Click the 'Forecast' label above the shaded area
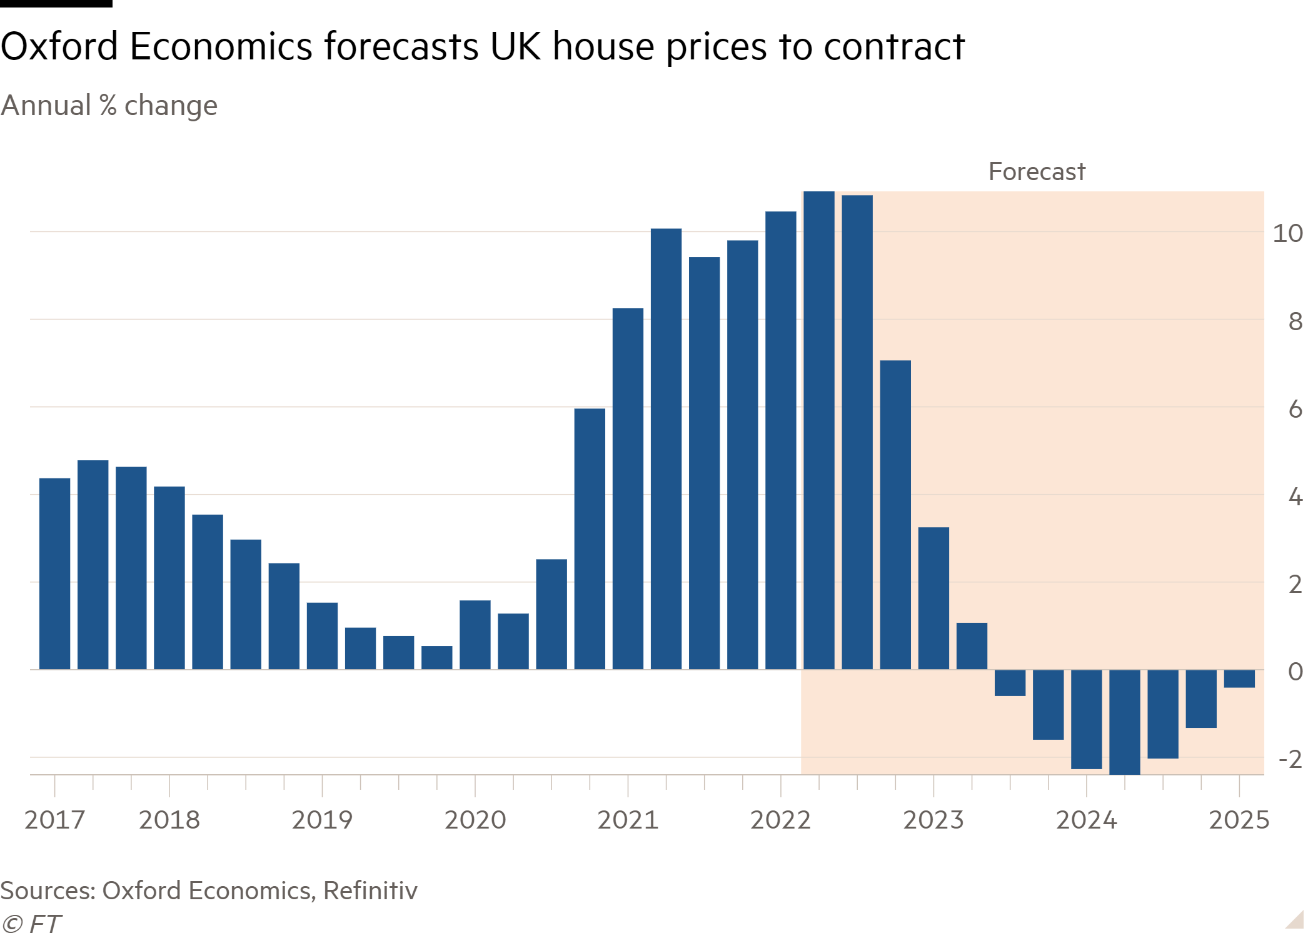(1036, 171)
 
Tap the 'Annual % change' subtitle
(109, 106)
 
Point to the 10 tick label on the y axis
(1287, 234)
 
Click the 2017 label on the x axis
(54, 820)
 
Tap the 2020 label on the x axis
(475, 820)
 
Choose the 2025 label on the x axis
(1239, 820)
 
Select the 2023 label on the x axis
(933, 820)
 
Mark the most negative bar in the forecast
(1124, 722)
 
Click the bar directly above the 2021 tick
(628, 488)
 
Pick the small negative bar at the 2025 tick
(1239, 678)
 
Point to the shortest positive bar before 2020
(436, 657)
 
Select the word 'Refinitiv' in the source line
(370, 890)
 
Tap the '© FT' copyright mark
(31, 924)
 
